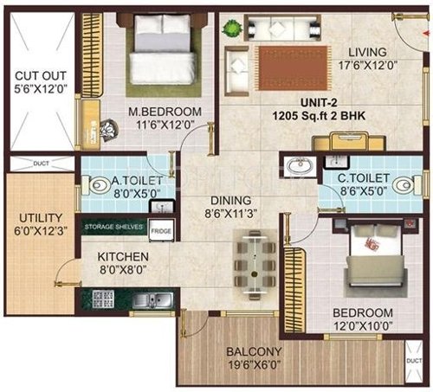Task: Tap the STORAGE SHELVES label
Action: [x=114, y=228]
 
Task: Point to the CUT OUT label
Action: [x=35, y=73]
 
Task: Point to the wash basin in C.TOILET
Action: [x=300, y=166]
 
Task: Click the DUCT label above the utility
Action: [x=41, y=162]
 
